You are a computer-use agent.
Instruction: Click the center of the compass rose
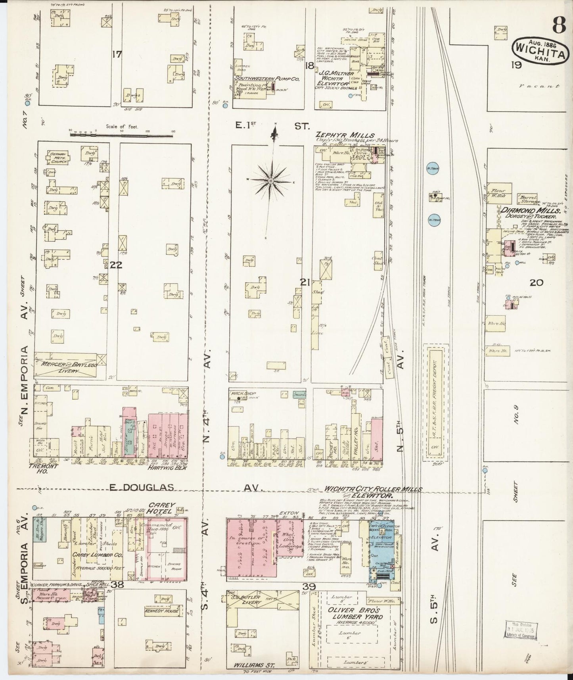270,181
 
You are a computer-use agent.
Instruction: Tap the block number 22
116,265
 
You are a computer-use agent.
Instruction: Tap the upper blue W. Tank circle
432,167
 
